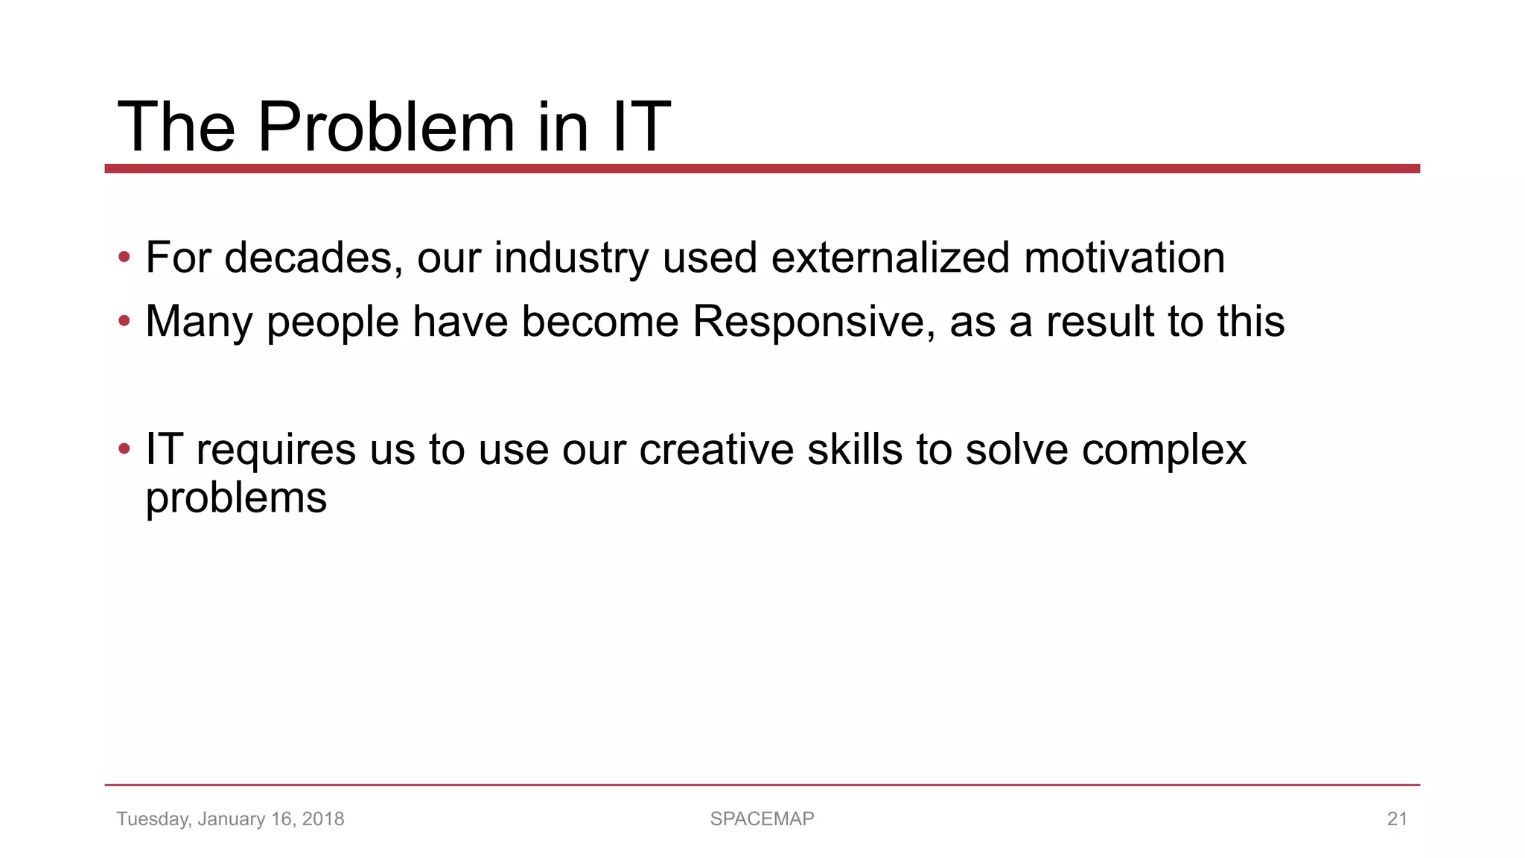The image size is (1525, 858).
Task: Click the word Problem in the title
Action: [386, 127]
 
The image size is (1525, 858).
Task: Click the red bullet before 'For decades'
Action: [124, 258]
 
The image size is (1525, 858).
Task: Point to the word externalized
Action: [890, 258]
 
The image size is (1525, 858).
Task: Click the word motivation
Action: [1124, 258]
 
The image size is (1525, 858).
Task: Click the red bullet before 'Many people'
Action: [124, 322]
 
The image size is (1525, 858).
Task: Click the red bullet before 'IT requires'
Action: [124, 450]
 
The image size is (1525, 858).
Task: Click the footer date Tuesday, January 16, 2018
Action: [230, 819]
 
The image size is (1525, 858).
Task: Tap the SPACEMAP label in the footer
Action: [762, 819]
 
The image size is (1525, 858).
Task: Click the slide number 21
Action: [1396, 819]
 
